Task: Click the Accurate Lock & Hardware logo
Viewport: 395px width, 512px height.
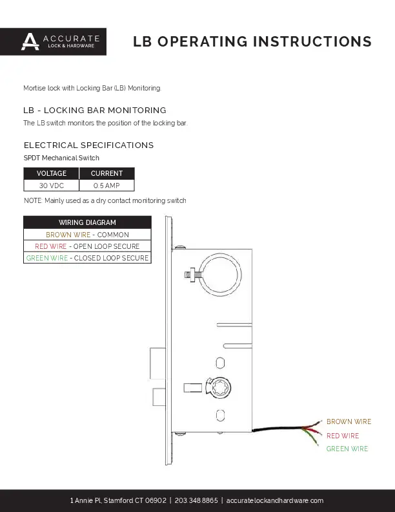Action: [x=53, y=41]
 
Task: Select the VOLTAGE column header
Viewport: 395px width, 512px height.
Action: [x=51, y=173]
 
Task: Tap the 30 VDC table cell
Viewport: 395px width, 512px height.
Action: [x=51, y=186]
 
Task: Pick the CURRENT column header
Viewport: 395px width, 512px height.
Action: [x=107, y=173]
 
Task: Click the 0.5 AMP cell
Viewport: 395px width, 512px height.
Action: [x=107, y=186]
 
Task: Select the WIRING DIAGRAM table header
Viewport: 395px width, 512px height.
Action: [x=87, y=222]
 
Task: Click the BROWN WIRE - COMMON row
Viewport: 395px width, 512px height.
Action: [x=87, y=235]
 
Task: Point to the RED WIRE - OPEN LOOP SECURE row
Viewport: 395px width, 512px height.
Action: [x=87, y=246]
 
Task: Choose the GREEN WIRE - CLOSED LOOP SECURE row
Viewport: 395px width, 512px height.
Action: [x=87, y=258]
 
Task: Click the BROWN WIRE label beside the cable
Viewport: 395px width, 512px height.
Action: [x=349, y=421]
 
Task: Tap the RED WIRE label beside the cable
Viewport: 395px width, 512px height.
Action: [x=343, y=436]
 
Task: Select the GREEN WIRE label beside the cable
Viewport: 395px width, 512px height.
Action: [x=347, y=449]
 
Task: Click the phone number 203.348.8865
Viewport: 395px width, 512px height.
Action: [x=196, y=500]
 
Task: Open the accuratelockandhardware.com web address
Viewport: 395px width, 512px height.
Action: [x=275, y=500]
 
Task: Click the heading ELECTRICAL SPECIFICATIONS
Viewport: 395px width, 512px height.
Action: [x=88, y=145]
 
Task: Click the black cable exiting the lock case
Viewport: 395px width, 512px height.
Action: [x=277, y=429]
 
